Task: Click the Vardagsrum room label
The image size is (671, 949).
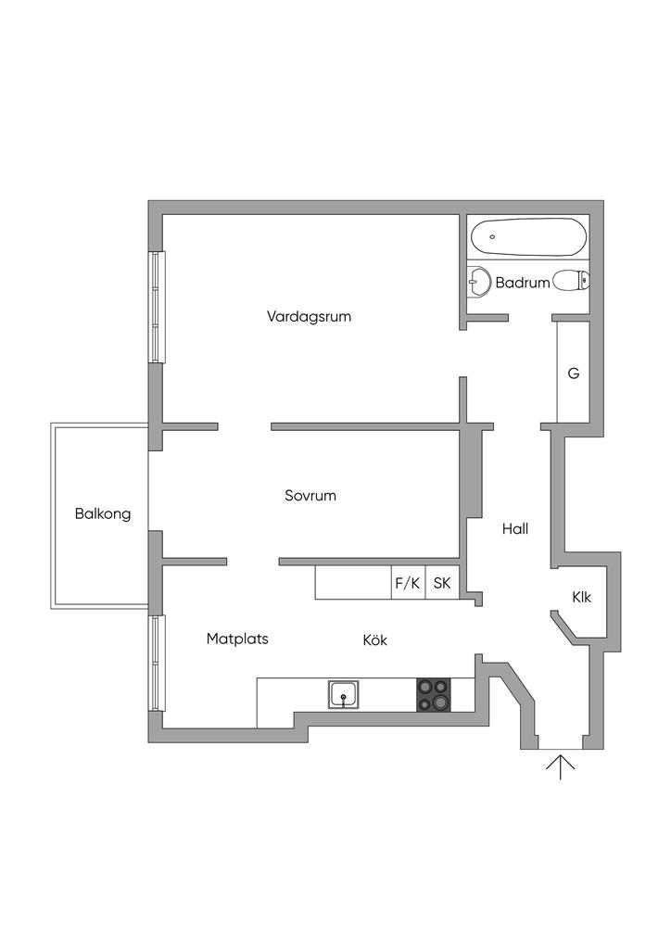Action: point(309,316)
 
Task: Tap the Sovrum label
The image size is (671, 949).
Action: point(310,496)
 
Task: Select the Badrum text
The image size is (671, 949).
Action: point(522,283)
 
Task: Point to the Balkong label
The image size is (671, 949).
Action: point(103,513)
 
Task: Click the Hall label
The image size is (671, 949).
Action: point(515,529)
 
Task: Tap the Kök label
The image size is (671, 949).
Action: point(374,639)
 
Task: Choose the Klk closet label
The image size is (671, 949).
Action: point(581,598)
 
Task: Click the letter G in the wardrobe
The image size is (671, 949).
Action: point(573,374)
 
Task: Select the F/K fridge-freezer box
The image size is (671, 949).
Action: point(408,583)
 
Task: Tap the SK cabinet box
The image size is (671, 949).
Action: point(442,583)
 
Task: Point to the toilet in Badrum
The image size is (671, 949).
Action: point(570,279)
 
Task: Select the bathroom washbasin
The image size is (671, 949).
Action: point(478,280)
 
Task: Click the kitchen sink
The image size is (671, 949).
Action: point(344,695)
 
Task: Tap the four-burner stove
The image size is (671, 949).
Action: point(434,695)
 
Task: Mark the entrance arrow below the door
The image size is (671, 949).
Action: point(560,767)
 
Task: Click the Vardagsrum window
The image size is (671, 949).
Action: point(158,307)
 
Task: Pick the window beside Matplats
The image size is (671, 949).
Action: point(158,664)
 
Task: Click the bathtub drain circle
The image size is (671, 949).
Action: point(492,237)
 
